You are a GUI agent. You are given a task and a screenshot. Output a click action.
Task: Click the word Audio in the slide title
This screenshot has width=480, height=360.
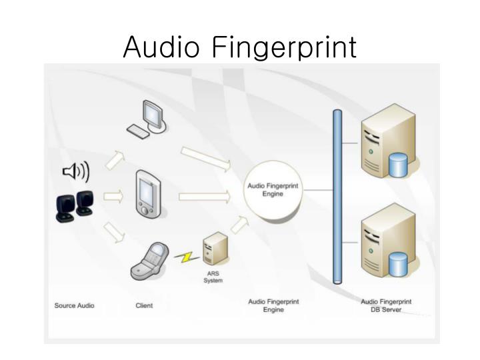click(163, 47)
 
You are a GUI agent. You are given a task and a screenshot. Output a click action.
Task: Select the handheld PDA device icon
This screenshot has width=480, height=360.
click(147, 193)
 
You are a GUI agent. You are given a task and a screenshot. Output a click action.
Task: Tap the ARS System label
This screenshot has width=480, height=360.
click(213, 277)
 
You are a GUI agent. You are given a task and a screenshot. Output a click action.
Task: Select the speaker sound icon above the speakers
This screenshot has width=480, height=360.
click(76, 172)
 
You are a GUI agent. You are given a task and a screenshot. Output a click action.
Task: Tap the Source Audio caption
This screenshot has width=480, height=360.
click(74, 306)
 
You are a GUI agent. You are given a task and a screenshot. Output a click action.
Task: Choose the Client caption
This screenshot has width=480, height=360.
click(144, 306)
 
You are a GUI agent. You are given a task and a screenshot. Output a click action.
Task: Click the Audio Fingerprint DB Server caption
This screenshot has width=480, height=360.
click(386, 306)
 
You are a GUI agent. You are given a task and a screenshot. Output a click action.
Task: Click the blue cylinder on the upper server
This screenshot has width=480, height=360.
click(398, 165)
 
